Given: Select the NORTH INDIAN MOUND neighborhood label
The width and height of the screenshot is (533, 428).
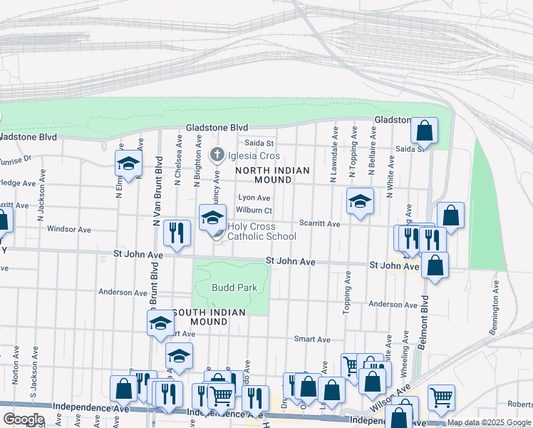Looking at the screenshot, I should pos(272,175).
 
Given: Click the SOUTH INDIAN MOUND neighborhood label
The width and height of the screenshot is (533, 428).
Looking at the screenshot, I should pos(209,317).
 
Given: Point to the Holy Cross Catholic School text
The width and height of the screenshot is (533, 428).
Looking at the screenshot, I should pos(262,232).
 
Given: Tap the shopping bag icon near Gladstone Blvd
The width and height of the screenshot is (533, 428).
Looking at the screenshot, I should pos(424,131).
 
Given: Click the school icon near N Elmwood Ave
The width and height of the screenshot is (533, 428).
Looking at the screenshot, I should pos(128,164).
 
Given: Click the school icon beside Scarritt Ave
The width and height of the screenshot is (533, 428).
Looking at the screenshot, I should pos(360,201).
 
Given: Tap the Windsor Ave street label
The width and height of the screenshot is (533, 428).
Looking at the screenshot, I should pos(69,230).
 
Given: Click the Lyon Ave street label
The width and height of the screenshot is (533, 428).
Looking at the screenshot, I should pos(254,198).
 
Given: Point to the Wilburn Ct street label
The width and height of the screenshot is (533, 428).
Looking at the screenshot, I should pos(254,210).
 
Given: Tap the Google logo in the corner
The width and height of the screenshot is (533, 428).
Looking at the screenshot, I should pos(24,419).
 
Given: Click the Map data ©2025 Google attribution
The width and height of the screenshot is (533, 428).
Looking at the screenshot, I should pos(489,422).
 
